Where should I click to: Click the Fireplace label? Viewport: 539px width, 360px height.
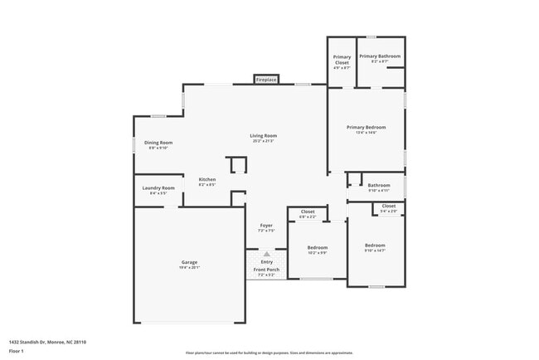pos(266,80)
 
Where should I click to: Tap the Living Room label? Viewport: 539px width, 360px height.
pos(264,136)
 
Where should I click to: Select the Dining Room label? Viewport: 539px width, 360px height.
pos(158,143)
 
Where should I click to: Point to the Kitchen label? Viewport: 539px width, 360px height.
pos(206,179)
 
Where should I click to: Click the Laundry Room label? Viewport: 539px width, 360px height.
pos(158,188)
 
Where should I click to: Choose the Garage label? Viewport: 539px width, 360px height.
pos(190,262)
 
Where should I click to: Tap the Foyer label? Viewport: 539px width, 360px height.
pos(266,226)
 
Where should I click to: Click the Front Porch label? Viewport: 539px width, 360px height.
pos(266,270)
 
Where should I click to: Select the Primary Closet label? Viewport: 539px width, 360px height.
pos(342,59)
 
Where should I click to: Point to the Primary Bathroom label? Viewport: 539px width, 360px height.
pos(380,56)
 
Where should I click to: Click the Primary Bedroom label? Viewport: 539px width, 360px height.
pos(366,127)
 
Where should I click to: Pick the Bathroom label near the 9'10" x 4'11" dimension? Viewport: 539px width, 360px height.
pos(379,185)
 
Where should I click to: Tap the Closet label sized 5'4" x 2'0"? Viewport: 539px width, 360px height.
pos(388,206)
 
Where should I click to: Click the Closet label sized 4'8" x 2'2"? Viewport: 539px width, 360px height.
pos(308,212)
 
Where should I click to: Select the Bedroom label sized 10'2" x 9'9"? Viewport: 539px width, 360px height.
pos(318,247)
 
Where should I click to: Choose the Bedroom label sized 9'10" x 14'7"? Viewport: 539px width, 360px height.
pos(375,245)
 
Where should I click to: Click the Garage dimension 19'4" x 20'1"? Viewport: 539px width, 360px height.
pos(190,268)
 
